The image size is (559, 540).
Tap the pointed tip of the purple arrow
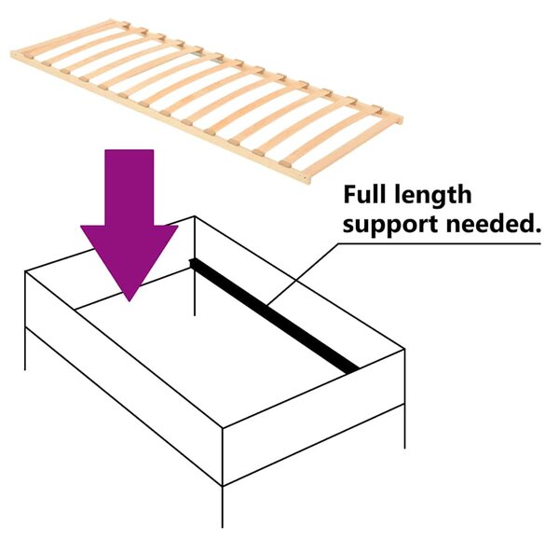(x=130, y=301)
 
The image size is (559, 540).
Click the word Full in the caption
(x=364, y=195)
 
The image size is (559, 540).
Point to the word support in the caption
(x=390, y=226)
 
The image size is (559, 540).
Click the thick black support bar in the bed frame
(x=274, y=315)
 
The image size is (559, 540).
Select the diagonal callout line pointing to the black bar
(x=302, y=274)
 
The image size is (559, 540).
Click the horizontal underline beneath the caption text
(x=439, y=244)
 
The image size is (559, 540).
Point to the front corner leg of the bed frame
(x=223, y=506)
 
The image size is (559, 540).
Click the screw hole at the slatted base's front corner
(x=306, y=176)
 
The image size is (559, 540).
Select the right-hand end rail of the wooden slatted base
(x=356, y=149)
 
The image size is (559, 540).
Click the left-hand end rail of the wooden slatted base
(x=64, y=37)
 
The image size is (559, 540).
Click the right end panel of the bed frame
(x=314, y=418)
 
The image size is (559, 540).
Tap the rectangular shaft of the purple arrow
(x=130, y=187)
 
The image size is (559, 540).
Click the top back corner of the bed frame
(x=195, y=216)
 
